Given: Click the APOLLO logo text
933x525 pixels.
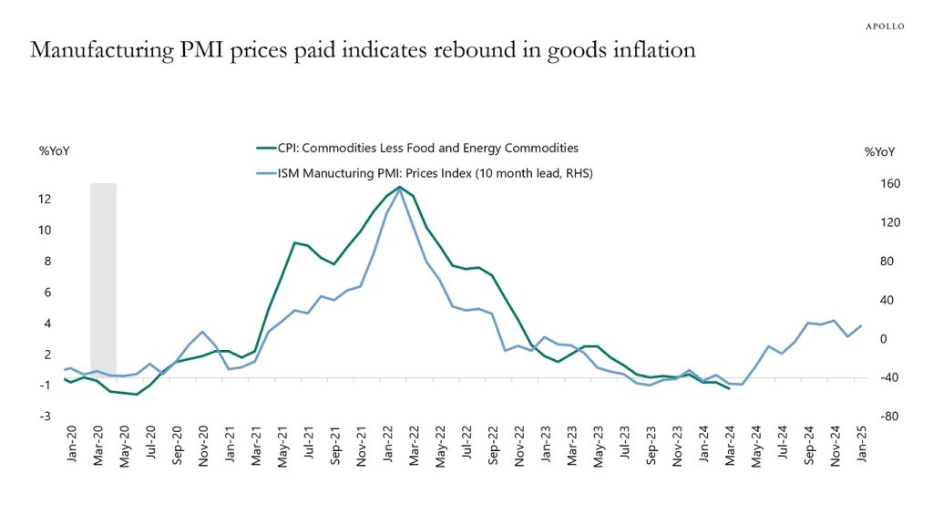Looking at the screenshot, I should click(884, 26).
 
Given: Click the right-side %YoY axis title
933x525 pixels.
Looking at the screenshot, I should click(879, 151).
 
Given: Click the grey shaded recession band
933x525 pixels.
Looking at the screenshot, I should click(103, 273).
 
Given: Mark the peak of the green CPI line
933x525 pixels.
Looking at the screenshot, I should click(399, 187).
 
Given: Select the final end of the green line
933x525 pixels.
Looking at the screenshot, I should click(729, 389).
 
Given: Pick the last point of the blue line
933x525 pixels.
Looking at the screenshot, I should click(862, 325).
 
